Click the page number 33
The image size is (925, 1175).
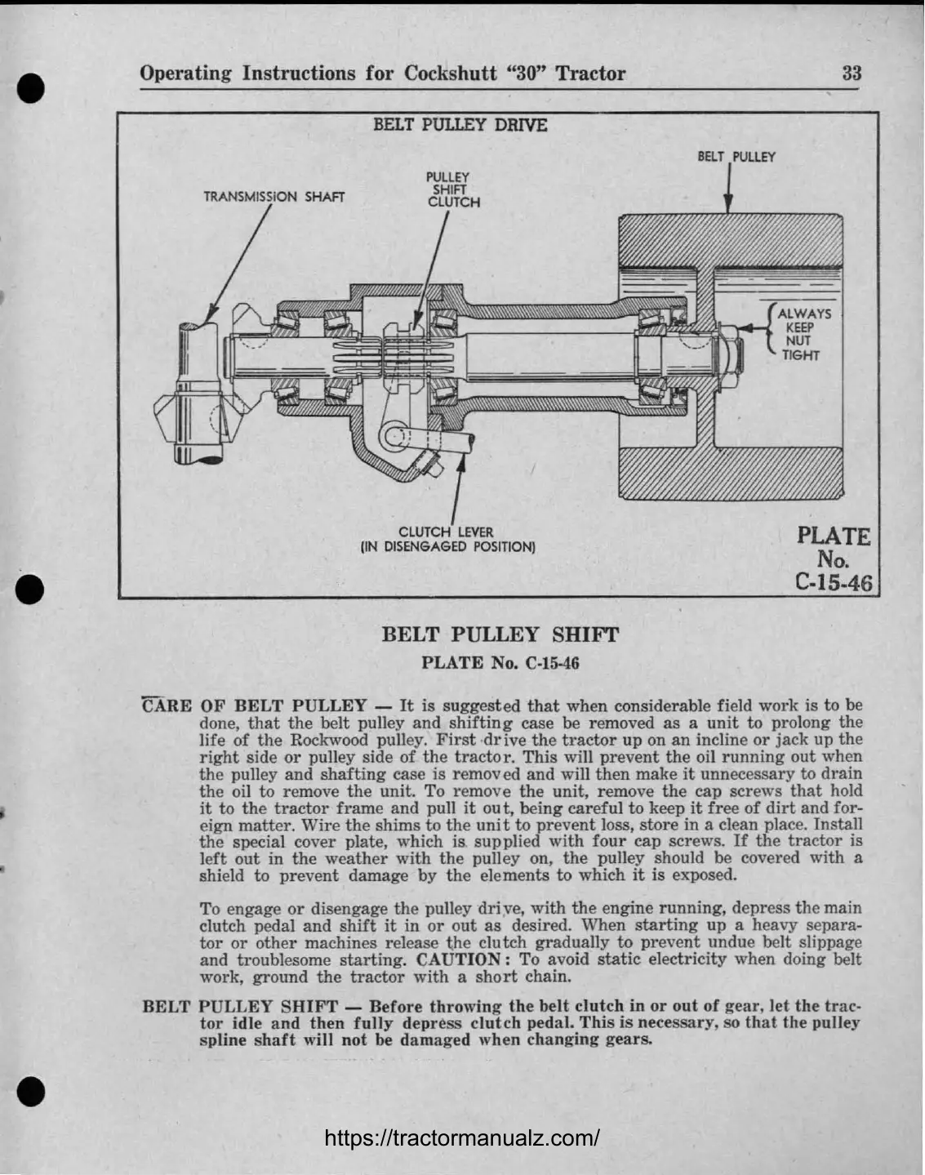(x=852, y=73)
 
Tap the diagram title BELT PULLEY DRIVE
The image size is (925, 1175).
(x=460, y=125)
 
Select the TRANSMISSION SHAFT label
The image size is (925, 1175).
(x=273, y=197)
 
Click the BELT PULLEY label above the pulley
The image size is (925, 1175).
(x=736, y=157)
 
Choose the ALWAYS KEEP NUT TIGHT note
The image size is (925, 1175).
(x=803, y=334)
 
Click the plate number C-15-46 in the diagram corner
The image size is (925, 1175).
(x=833, y=582)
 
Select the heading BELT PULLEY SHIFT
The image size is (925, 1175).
(x=500, y=634)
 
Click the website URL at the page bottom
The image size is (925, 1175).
(x=463, y=1137)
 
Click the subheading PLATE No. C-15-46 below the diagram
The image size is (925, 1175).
(x=500, y=662)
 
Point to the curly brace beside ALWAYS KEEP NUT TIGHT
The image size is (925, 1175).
(x=771, y=331)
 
